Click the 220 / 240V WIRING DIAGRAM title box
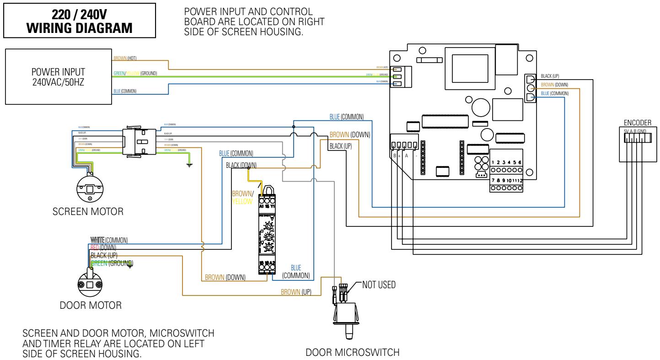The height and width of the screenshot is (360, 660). [x=80, y=19]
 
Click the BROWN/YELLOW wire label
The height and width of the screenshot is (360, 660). [x=242, y=197]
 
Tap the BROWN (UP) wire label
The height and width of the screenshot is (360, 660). [x=296, y=292]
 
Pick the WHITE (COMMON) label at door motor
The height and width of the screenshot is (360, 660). [x=109, y=240]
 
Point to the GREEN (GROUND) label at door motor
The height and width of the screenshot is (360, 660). [x=112, y=263]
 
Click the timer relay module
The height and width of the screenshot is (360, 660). [x=267, y=233]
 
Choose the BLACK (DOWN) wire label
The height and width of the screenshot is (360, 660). [x=241, y=165]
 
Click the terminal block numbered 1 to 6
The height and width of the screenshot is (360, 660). [x=506, y=166]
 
